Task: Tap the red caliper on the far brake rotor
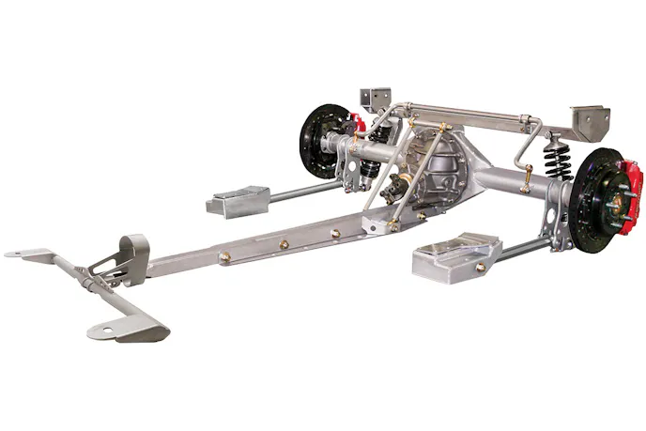tap(356, 123)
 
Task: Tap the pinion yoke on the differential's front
tap(406, 184)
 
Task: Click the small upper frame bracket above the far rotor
tap(375, 98)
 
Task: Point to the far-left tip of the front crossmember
tap(11, 254)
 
